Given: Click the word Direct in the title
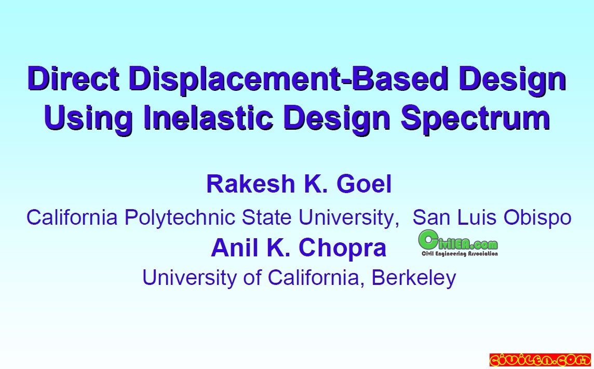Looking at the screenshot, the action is pyautogui.click(x=73, y=78).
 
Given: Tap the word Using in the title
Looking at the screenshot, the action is pyautogui.click(x=88, y=119).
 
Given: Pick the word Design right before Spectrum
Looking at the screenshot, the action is pyautogui.click(x=337, y=119).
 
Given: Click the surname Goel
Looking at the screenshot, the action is pyautogui.click(x=363, y=184).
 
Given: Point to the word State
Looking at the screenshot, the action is pyautogui.click(x=266, y=217).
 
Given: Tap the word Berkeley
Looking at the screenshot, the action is pyautogui.click(x=414, y=278).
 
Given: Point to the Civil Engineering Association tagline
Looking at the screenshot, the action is pyautogui.click(x=460, y=254).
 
